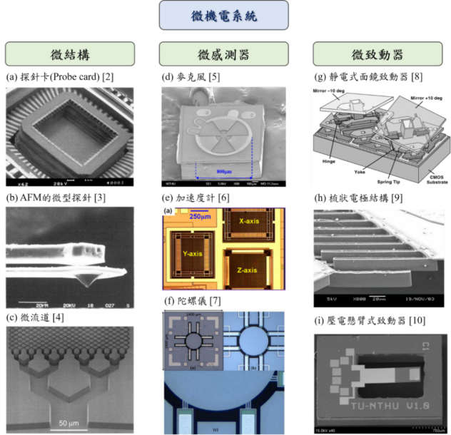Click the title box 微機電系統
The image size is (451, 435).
point(223,16)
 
